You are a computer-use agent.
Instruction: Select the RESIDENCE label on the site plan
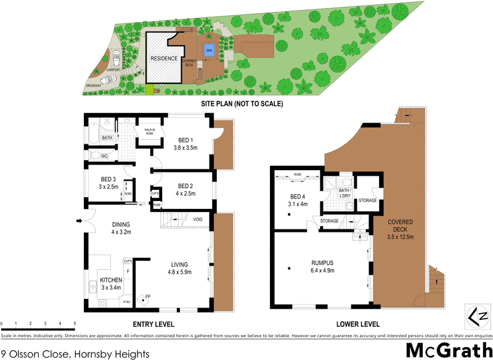(164, 59)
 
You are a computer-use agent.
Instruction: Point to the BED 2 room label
(186, 186)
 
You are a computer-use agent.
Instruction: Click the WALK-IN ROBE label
(149, 131)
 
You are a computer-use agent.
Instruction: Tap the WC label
(105, 157)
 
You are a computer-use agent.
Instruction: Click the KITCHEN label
(112, 280)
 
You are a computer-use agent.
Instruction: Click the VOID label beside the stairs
(198, 219)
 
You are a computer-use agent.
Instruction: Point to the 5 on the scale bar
(75, 323)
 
